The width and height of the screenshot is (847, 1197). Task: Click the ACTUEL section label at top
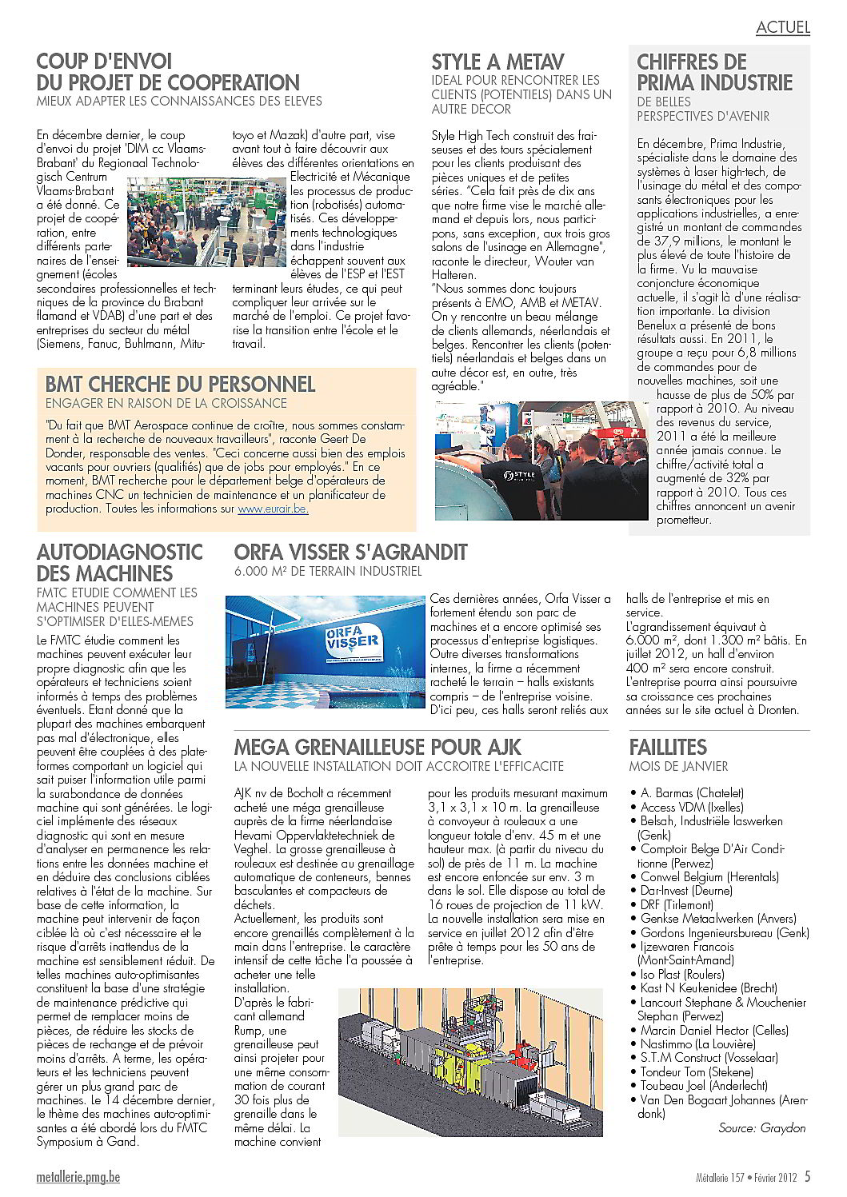point(782,26)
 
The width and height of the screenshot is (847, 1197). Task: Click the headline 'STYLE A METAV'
point(497,62)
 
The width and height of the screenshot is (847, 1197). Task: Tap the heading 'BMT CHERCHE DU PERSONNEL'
point(180,384)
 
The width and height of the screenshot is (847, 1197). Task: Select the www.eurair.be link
point(273,509)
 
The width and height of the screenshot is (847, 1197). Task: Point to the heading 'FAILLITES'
point(668,747)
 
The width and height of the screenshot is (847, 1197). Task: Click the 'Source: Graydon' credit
point(761,1127)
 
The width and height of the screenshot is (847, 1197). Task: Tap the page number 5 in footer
point(808,1176)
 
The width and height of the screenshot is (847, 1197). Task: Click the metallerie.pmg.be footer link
point(78,1177)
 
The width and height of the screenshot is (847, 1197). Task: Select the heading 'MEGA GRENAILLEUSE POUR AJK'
point(378,747)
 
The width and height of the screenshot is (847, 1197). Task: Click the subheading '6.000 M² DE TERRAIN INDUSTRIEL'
point(328,571)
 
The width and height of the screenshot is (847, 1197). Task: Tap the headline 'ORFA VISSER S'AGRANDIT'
point(350,552)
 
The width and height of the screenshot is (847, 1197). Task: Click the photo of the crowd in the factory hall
point(206,221)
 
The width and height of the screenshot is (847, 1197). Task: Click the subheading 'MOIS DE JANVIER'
point(678,766)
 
